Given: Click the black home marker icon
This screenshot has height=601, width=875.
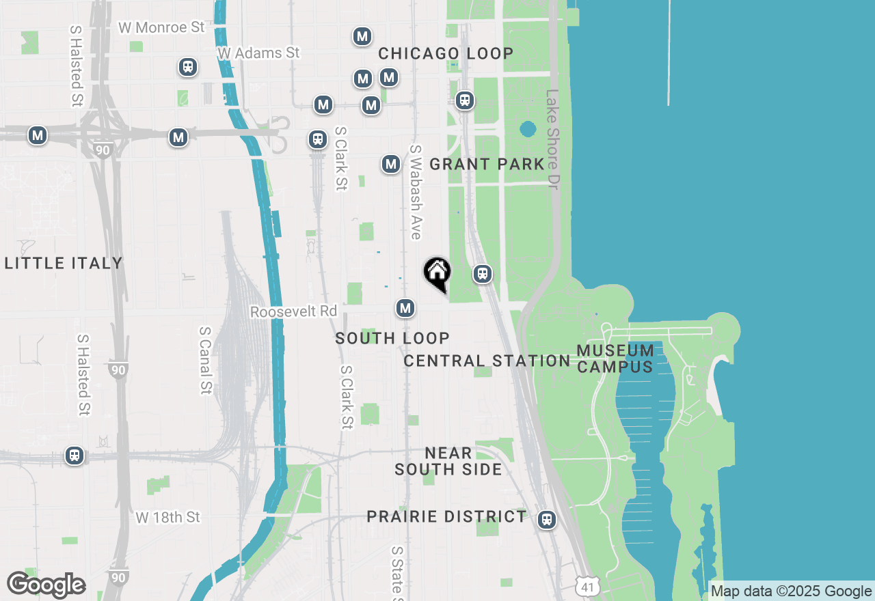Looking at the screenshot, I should [437, 273].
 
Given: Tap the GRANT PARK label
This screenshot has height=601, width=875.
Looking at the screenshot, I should [487, 164].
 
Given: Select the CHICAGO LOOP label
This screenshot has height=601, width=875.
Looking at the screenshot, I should [446, 53].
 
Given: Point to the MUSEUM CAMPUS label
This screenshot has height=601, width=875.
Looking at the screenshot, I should [615, 359].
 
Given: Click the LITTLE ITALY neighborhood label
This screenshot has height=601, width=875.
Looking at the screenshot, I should [64, 263].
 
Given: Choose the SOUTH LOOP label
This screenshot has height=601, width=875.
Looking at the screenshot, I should [392, 338].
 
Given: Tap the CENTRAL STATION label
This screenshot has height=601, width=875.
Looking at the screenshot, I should [487, 361].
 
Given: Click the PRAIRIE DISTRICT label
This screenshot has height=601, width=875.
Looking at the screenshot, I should [447, 516].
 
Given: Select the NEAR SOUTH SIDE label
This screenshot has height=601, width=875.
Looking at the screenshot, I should [448, 461].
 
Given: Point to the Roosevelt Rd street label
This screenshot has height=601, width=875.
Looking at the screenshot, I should [294, 311].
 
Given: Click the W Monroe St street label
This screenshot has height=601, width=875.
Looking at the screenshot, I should [161, 27].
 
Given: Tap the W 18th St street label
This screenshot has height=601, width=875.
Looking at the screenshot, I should [168, 517].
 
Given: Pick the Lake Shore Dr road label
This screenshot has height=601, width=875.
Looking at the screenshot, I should [552, 140].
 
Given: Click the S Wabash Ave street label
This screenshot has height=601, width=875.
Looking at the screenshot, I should [415, 192].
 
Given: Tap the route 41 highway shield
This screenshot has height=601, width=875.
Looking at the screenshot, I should [588, 585].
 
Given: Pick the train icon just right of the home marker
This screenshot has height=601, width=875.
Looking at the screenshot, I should [483, 275].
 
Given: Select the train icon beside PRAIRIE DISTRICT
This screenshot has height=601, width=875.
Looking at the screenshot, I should [546, 520].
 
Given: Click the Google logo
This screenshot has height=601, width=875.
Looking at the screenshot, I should [46, 585].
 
